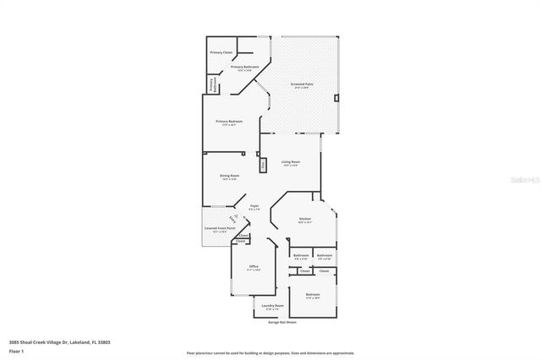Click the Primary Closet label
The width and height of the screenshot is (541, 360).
(x=221, y=52)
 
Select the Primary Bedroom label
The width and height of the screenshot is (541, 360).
(x=230, y=122)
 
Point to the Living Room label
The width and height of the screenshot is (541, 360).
(x=291, y=161)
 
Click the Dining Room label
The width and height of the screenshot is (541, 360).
(x=230, y=177)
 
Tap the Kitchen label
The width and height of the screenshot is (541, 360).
(x=305, y=219)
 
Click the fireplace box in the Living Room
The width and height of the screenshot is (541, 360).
(x=263, y=166)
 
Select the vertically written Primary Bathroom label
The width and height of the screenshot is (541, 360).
(x=212, y=85)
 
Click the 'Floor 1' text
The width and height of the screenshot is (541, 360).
(x=16, y=350)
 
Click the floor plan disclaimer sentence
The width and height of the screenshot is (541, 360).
(x=270, y=352)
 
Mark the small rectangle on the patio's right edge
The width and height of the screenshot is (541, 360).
(x=336, y=98)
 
